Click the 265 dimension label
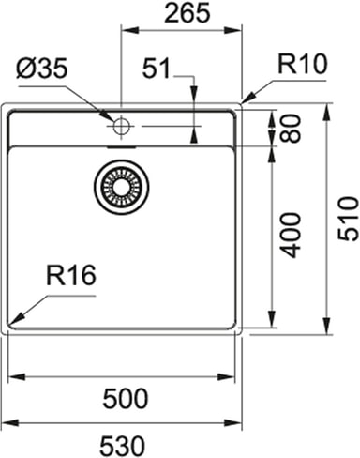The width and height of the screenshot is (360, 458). coord(187,13)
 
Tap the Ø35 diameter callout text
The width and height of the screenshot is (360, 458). coord(42,69)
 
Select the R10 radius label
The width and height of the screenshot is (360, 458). coord(302,64)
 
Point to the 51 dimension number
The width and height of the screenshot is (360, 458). coord(157,68)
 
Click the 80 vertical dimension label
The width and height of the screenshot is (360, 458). coord(291,128)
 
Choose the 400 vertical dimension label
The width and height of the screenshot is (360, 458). coord(291,236)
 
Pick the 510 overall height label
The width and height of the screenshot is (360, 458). coord(348,219)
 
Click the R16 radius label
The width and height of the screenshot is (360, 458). coord(71,275)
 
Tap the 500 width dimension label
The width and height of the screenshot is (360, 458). coord(126,399)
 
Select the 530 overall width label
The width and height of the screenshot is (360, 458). coord(123,445)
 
